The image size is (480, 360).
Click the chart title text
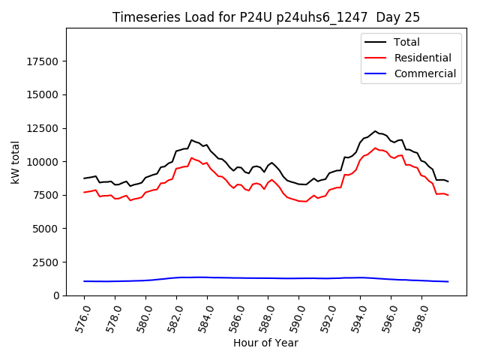266,17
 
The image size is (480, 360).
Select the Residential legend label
422,58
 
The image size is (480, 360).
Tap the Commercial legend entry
424,73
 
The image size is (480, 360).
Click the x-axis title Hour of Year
265,343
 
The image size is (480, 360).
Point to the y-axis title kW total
15,162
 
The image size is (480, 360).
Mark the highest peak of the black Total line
376,131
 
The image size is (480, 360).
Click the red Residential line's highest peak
376,148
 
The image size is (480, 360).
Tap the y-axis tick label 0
58,295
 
